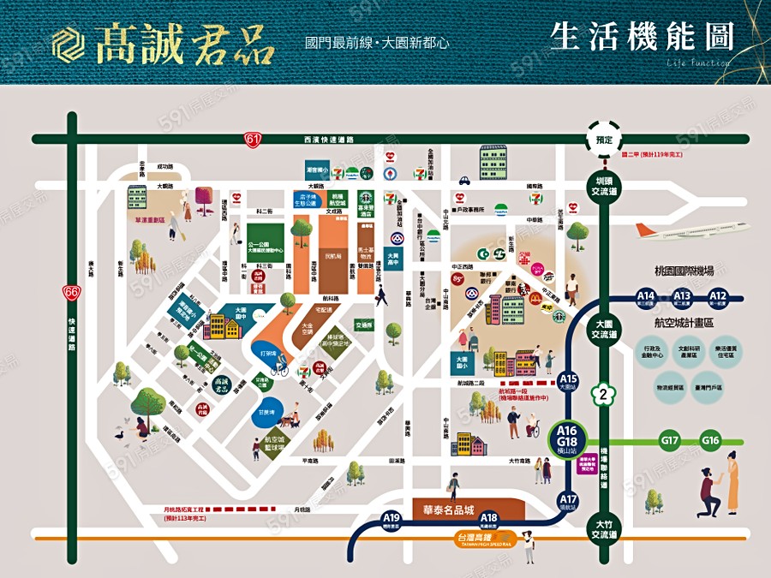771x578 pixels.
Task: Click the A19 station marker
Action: [x=392, y=520]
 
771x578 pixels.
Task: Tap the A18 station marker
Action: [x=488, y=520]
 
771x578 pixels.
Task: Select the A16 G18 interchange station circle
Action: [x=566, y=438]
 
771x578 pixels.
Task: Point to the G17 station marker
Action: [x=670, y=441]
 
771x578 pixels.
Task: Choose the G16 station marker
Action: [x=710, y=441]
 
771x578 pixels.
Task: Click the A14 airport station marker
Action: [x=646, y=298]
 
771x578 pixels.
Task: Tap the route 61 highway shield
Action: [x=251, y=138]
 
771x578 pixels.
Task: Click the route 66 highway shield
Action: [x=71, y=293]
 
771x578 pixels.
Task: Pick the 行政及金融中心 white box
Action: [x=660, y=353]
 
